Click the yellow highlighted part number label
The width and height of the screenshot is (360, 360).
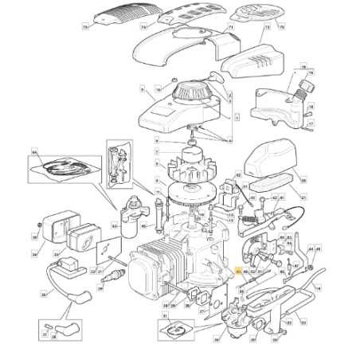(237, 272)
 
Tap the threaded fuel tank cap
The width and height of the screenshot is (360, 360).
(303, 84)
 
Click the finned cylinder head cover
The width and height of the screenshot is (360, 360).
(144, 274)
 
